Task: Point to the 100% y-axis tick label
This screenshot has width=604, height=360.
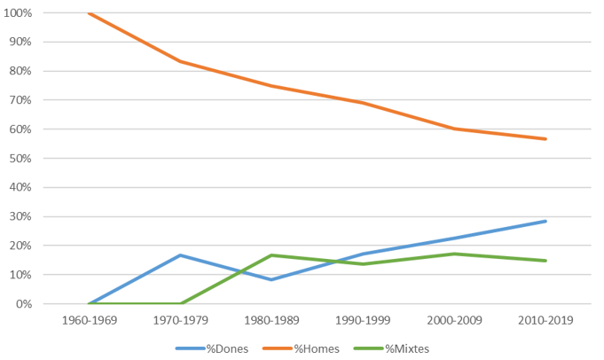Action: (x=20, y=13)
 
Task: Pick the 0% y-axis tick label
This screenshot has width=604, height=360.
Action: (x=25, y=304)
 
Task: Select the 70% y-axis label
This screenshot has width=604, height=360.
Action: (x=22, y=100)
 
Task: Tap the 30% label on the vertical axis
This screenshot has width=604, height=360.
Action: (x=22, y=216)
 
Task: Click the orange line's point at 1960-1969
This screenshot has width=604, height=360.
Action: (x=89, y=13)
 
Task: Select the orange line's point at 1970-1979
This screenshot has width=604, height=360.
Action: (x=180, y=61)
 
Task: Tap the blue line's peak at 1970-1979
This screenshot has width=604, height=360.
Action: (x=180, y=255)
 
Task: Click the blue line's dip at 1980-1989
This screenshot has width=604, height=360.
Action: (x=271, y=279)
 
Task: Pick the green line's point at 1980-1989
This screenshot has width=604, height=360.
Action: (x=271, y=255)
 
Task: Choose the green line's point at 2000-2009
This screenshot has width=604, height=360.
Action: (x=454, y=254)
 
